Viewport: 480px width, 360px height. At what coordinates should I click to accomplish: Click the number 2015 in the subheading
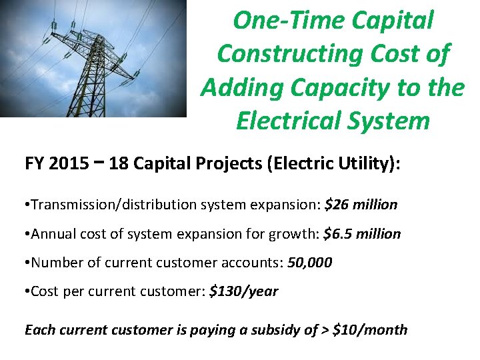click(x=67, y=164)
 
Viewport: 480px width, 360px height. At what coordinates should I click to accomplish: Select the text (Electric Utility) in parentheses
click(x=331, y=164)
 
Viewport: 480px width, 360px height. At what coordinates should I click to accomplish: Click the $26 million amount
click(x=361, y=205)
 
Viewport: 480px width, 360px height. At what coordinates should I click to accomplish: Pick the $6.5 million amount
click(x=362, y=234)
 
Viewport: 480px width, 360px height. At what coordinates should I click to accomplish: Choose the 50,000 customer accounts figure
click(x=309, y=263)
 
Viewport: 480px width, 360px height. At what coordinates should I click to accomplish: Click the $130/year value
click(x=243, y=292)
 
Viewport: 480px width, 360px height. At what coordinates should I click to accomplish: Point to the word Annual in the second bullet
click(x=54, y=234)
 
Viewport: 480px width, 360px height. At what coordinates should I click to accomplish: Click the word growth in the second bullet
click(x=297, y=234)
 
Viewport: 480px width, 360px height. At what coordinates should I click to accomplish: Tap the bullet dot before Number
click(x=27, y=263)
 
